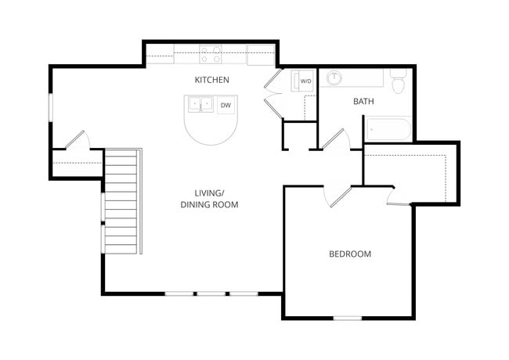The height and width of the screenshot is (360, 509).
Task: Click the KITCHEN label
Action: tap(211, 80)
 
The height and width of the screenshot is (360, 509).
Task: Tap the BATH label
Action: tap(363, 101)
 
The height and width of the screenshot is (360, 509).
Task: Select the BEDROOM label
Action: tap(349, 254)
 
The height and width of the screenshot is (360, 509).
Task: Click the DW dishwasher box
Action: tap(226, 105)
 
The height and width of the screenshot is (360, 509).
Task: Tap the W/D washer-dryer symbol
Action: tap(305, 81)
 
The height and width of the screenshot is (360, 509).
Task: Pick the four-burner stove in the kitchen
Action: tap(210, 54)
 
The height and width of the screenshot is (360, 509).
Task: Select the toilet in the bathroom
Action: tap(397, 81)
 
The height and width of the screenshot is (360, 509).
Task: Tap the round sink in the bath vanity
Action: tap(334, 77)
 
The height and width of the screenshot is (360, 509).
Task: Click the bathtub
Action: tap(388, 129)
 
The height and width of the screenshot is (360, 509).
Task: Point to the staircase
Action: tap(121, 200)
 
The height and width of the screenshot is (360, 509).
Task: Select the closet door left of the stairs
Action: tap(76, 140)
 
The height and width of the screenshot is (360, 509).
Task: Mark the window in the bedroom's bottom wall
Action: tap(347, 318)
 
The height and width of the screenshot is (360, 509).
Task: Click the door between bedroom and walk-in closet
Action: tap(398, 196)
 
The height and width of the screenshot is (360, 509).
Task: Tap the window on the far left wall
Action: tap(50, 107)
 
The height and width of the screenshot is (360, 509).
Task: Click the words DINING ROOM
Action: tap(209, 204)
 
